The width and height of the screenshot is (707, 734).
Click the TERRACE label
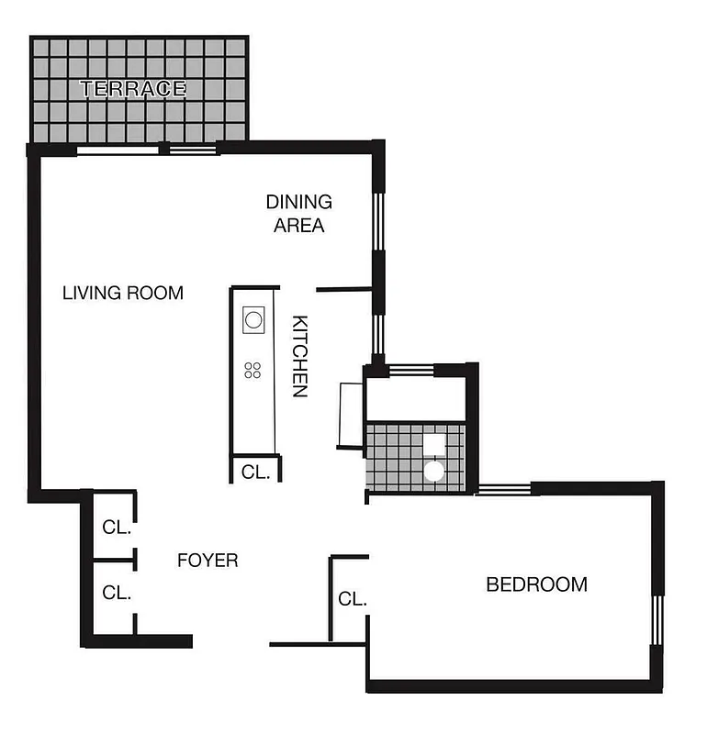point(133,89)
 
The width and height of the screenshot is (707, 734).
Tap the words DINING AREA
point(299,213)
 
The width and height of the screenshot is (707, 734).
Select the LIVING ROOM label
point(123,294)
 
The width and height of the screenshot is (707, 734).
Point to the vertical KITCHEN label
point(299,356)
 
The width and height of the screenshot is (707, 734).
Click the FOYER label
point(208,560)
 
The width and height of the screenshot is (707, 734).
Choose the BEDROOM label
point(536,584)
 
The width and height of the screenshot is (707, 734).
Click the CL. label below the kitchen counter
point(254,472)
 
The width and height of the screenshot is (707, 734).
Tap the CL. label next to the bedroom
point(353,599)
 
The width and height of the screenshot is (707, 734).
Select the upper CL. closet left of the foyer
point(117,528)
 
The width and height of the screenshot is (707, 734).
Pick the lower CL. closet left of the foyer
point(117,593)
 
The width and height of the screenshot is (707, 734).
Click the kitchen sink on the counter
point(253,320)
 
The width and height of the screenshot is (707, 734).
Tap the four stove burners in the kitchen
point(253,371)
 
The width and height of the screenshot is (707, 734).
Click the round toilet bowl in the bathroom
point(433,472)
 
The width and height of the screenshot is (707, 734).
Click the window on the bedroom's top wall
point(504,489)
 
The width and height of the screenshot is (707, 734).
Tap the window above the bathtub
point(410,370)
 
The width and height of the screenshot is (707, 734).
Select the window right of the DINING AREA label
point(376,220)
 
